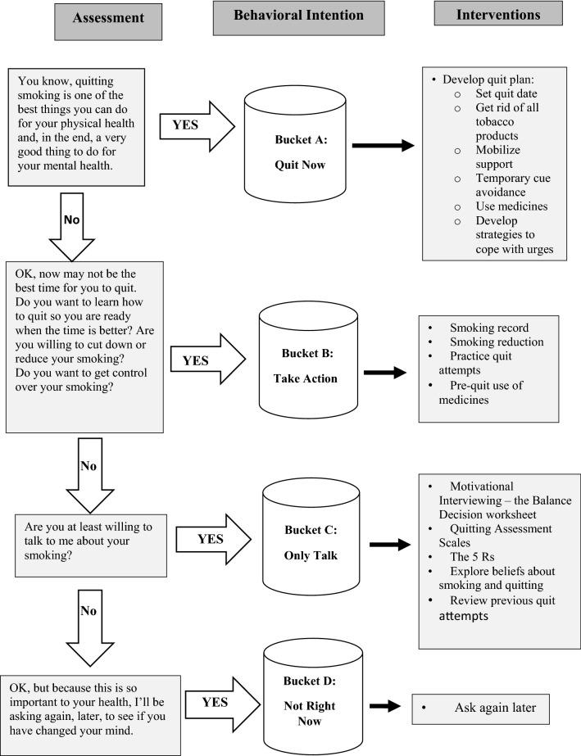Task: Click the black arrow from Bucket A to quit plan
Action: click(384, 146)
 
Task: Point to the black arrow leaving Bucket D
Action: click(384, 706)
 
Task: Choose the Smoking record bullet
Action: click(489, 327)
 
